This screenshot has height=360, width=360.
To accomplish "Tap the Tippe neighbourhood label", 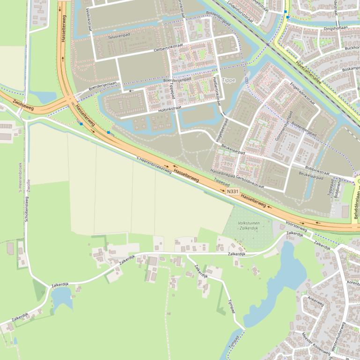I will coord(229,80).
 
